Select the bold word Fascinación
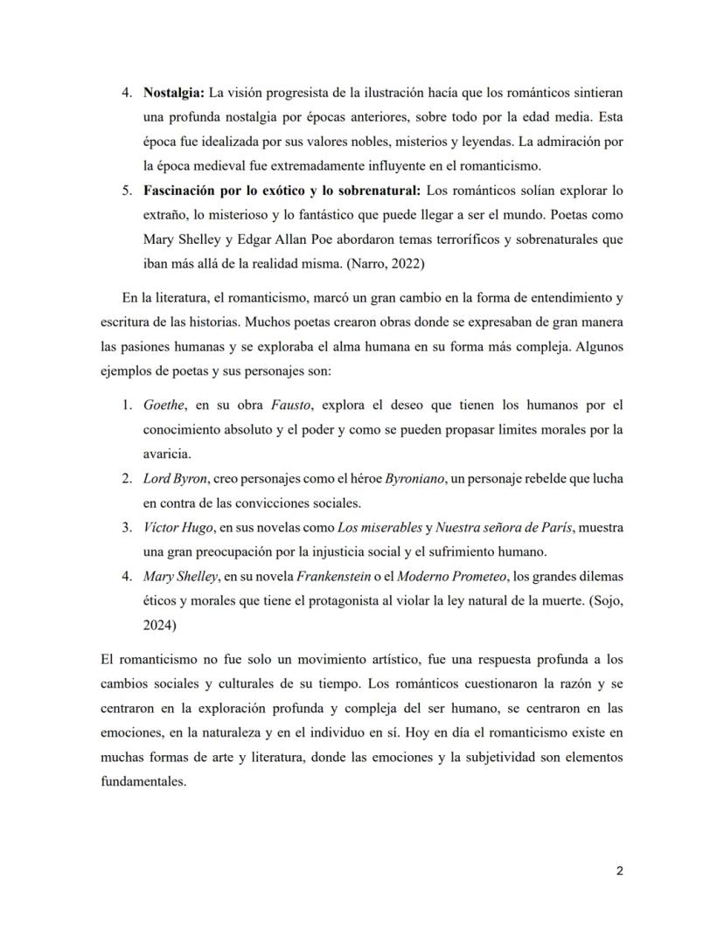coord(183,190)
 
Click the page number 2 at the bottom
coord(619,870)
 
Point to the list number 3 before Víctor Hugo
coord(126,528)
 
